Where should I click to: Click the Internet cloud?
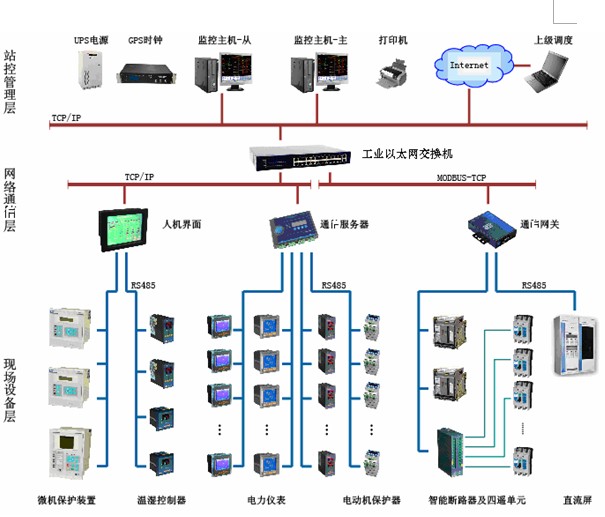click(x=470, y=66)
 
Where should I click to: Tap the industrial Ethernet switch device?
click(x=300, y=155)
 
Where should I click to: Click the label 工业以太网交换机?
click(x=408, y=155)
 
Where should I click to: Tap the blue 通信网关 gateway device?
click(x=489, y=226)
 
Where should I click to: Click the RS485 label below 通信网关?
click(x=534, y=285)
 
